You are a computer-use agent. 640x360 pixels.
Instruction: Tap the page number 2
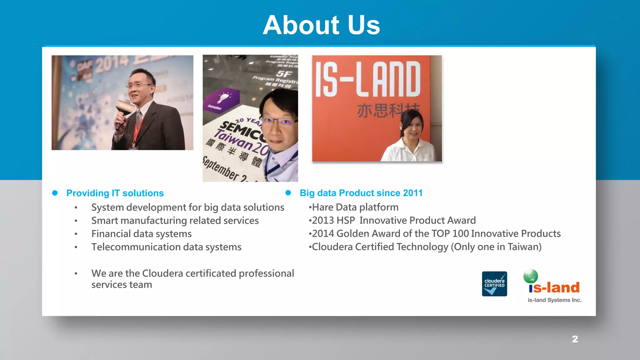(x=575, y=339)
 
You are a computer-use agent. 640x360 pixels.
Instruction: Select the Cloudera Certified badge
(x=494, y=284)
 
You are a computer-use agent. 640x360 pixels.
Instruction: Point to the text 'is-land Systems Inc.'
(x=554, y=300)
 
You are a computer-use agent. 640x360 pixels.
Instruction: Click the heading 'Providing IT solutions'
(x=115, y=193)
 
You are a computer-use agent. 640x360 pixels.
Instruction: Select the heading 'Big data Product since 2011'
(x=361, y=193)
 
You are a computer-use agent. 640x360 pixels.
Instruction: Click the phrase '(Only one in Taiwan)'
(x=496, y=247)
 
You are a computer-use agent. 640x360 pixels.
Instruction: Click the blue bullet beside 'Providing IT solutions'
(x=55, y=193)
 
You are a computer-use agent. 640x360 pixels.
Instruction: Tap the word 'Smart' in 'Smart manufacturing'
(x=104, y=221)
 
